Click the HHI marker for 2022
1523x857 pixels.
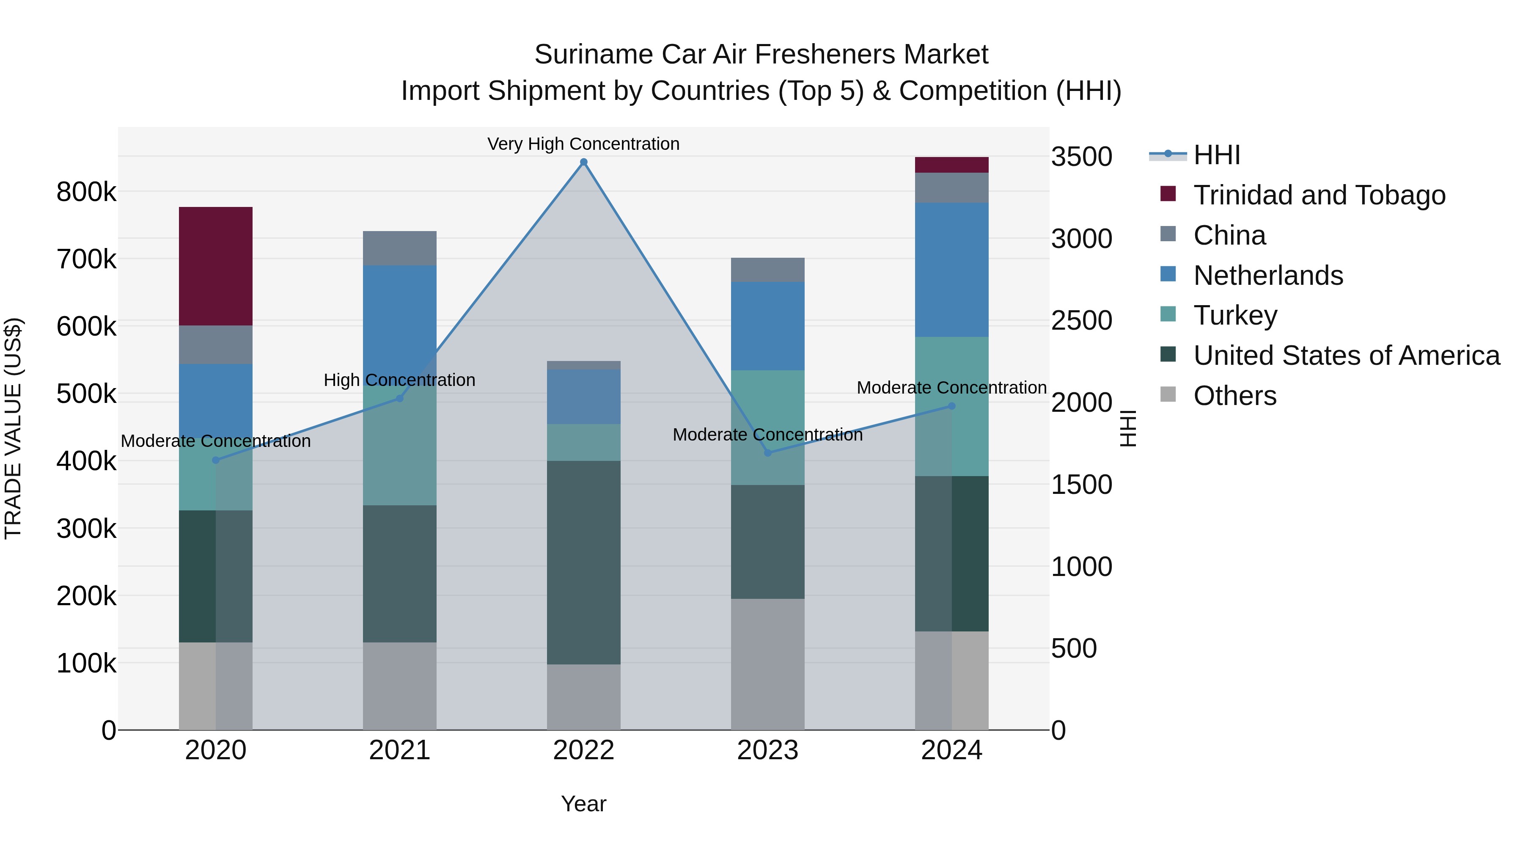coord(583,162)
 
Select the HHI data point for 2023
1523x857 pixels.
coord(767,453)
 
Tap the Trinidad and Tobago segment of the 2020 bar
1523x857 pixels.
coord(215,266)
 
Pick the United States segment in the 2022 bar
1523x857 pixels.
coord(583,562)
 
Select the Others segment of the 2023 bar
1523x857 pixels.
coord(767,664)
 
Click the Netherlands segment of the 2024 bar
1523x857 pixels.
coord(951,270)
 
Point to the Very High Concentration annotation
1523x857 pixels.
coord(583,144)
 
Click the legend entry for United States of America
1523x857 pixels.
coord(1346,355)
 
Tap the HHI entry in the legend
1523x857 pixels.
coord(1216,155)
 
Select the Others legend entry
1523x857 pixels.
coord(1234,396)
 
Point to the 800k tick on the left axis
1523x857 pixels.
coord(86,192)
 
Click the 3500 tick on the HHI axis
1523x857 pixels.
coord(1081,157)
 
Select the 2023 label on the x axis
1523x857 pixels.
coord(767,750)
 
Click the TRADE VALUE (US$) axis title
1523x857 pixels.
coord(13,428)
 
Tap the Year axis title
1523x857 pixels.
coord(583,804)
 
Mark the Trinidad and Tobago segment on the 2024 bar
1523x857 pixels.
coord(951,165)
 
